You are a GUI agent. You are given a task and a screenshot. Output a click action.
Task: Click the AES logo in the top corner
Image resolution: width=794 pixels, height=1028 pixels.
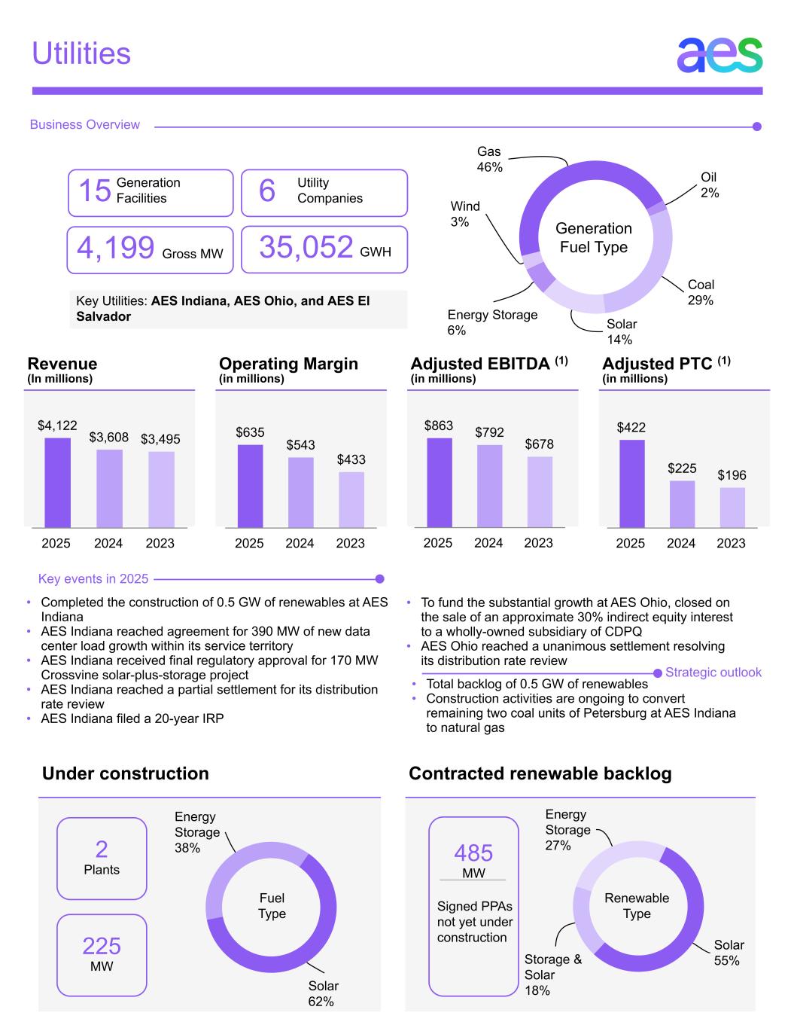(x=719, y=54)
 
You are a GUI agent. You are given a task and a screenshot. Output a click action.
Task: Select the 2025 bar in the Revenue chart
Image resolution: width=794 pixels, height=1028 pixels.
(x=57, y=483)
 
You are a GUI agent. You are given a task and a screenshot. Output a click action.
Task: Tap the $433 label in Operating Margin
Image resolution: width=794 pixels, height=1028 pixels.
(x=351, y=459)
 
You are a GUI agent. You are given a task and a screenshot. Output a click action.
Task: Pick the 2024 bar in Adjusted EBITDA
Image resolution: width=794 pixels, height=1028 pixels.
(x=489, y=486)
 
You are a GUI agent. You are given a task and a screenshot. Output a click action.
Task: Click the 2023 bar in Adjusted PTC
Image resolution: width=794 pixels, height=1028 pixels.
(x=732, y=508)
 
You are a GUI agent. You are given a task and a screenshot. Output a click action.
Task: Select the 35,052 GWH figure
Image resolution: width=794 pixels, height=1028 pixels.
(x=306, y=248)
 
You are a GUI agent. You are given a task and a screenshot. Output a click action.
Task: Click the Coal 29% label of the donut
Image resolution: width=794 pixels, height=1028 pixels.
(x=701, y=292)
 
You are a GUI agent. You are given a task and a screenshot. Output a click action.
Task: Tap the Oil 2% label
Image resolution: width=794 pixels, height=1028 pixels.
(x=710, y=185)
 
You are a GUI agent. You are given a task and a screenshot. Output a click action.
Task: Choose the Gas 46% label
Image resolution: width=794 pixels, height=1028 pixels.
(x=489, y=160)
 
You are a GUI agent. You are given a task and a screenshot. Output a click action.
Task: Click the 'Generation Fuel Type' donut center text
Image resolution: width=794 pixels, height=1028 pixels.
(x=594, y=237)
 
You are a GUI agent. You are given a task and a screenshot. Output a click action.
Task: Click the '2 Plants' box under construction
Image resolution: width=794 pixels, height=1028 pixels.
(x=102, y=859)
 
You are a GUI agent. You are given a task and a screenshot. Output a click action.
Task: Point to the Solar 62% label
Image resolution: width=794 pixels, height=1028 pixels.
(x=323, y=993)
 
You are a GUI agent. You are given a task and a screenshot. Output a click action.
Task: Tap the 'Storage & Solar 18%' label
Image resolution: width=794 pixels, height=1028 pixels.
(x=552, y=975)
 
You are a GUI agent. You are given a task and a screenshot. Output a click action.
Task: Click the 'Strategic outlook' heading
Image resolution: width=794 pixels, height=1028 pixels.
(x=713, y=673)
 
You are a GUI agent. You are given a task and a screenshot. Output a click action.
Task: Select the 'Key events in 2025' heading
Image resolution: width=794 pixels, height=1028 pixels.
(x=93, y=579)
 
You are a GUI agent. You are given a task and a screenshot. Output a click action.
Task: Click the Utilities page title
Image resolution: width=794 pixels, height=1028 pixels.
(x=81, y=53)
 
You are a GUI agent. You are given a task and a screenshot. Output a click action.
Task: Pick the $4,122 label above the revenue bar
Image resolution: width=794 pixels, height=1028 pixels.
(x=57, y=426)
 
